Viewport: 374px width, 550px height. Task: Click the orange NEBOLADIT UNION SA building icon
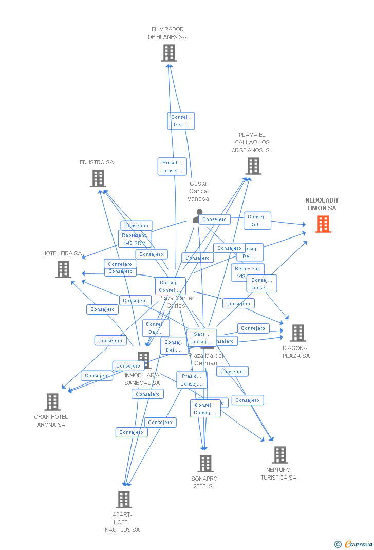(323, 224)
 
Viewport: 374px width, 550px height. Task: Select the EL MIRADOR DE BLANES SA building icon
(169, 53)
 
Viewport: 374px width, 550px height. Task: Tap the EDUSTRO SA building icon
(98, 178)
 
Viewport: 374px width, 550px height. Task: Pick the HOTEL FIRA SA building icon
(63, 269)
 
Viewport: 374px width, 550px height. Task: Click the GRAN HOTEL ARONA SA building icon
(52, 402)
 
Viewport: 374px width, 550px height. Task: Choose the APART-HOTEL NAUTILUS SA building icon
(124, 499)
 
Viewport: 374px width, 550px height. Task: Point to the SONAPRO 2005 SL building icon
(205, 463)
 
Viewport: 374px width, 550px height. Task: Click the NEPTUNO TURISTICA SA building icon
(280, 455)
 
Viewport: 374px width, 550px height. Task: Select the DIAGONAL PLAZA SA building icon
(297, 333)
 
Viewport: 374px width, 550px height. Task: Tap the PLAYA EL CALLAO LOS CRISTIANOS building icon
(253, 166)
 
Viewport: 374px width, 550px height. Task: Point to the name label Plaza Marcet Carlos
(176, 302)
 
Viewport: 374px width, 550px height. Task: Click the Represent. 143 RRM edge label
(134, 239)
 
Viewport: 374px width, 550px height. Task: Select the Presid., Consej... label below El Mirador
(172, 167)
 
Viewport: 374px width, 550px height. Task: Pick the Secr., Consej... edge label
(201, 338)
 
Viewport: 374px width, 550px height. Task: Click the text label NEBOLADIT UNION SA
(322, 204)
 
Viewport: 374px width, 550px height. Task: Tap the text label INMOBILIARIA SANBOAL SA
(142, 379)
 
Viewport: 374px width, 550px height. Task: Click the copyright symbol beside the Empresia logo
(338, 544)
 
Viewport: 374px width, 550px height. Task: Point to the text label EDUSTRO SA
(97, 162)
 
